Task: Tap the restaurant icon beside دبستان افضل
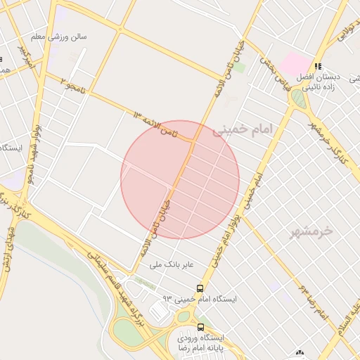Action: pyautogui.click(x=319, y=66)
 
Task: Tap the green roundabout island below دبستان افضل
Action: pyautogui.click(x=300, y=99)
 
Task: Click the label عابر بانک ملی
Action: pyautogui.click(x=176, y=265)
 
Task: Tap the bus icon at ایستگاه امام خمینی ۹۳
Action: pyautogui.click(x=200, y=288)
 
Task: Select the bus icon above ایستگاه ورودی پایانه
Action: pyautogui.click(x=200, y=327)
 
